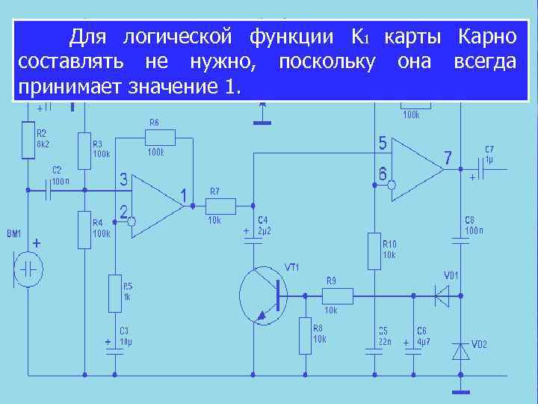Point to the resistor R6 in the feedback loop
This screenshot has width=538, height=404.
pyautogui.click(x=161, y=137)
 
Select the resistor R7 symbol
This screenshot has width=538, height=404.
pyautogui.click(x=221, y=206)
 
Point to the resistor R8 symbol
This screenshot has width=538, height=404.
pyautogui.click(x=305, y=335)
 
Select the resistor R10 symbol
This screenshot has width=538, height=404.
pyautogui.click(x=374, y=251)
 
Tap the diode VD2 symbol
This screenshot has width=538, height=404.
pyautogui.click(x=460, y=349)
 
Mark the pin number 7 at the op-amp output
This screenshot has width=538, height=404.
pyautogui.click(x=448, y=158)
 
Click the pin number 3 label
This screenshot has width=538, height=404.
pyautogui.click(x=123, y=180)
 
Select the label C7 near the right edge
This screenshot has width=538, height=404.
pyautogui.click(x=489, y=149)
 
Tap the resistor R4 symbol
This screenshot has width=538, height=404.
pyautogui.click(x=84, y=229)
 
